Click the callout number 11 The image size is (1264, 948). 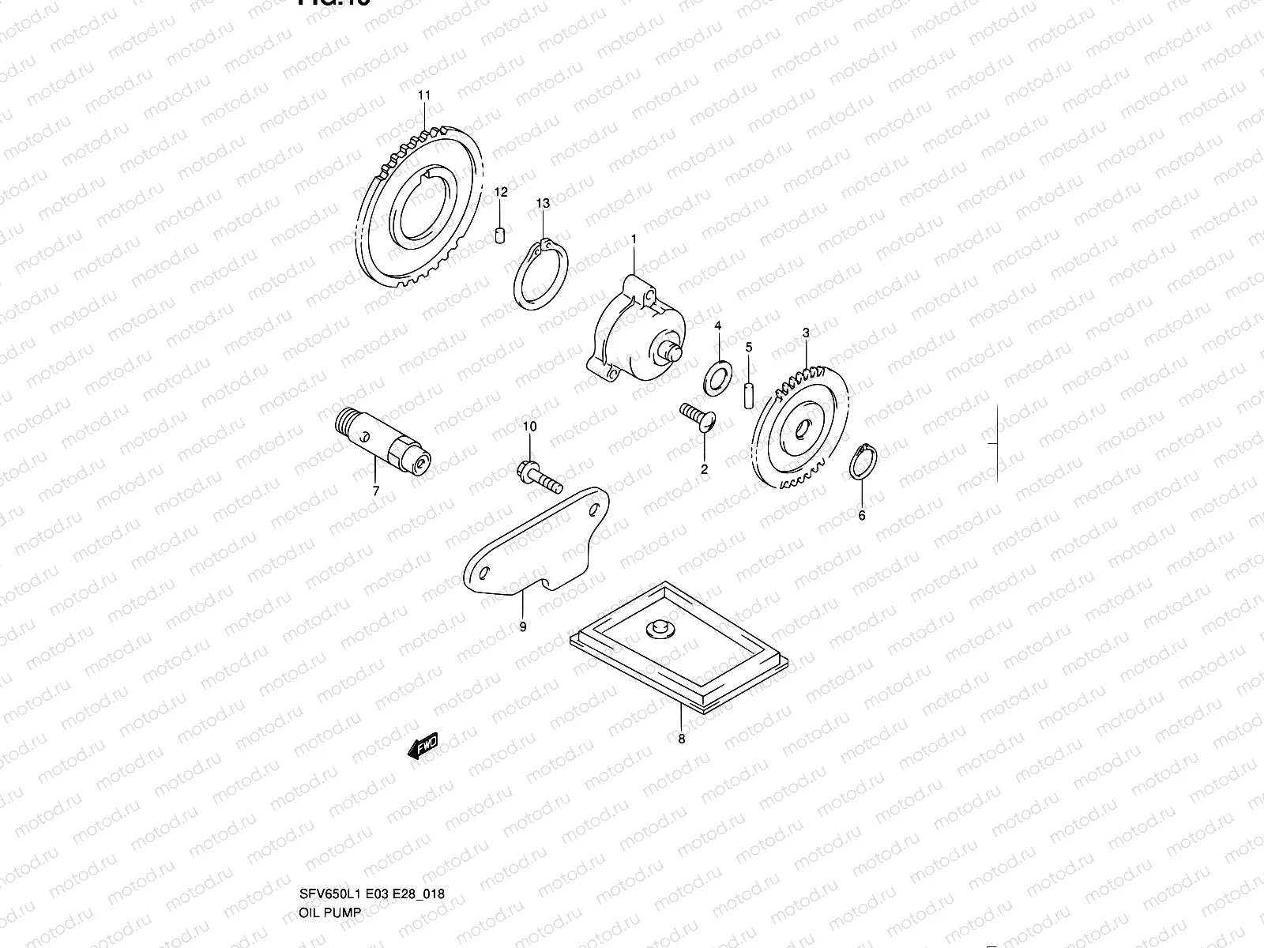(424, 96)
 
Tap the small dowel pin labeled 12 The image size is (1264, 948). (500, 235)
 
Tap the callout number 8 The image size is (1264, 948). (682, 739)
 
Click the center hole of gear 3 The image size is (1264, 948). (801, 430)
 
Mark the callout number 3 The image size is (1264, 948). (805, 333)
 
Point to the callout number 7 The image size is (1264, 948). (376, 491)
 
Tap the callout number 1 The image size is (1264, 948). (633, 237)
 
